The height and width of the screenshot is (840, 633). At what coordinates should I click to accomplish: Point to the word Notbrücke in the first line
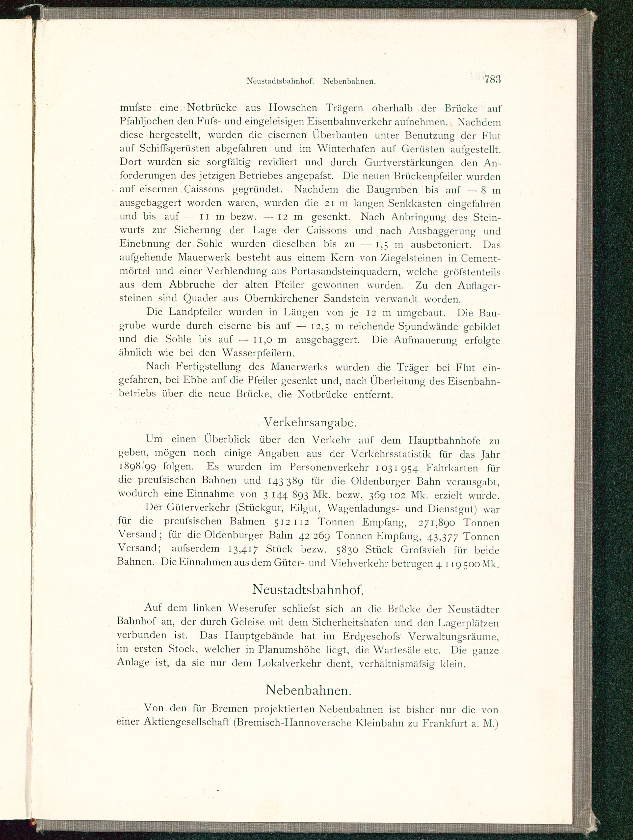pyautogui.click(x=212, y=108)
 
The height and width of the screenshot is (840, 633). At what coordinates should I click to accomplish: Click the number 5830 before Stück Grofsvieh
pyautogui.click(x=347, y=550)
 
